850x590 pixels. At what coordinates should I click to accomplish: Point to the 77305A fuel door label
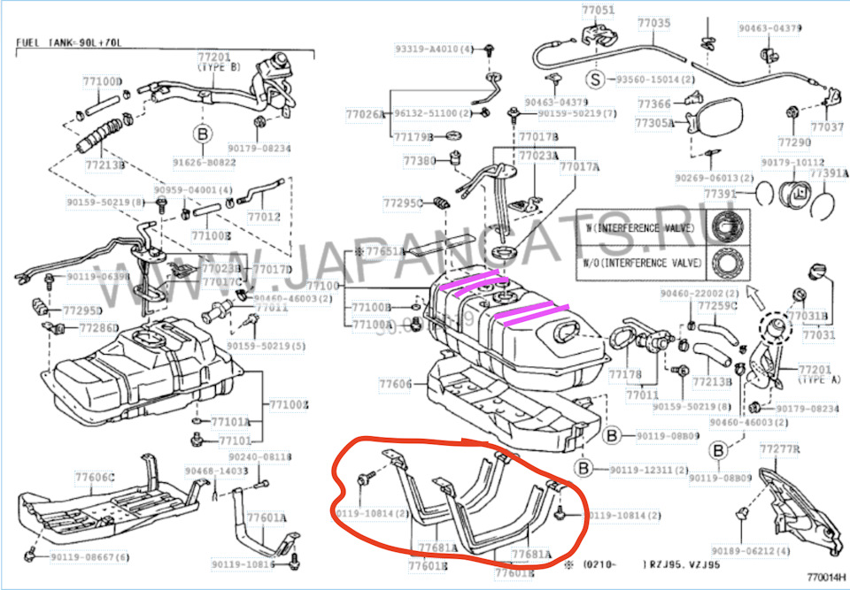click(x=658, y=124)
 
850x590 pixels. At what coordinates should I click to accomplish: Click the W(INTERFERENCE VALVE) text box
click(x=637, y=228)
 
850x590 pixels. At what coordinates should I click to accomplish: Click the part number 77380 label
click(x=419, y=161)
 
